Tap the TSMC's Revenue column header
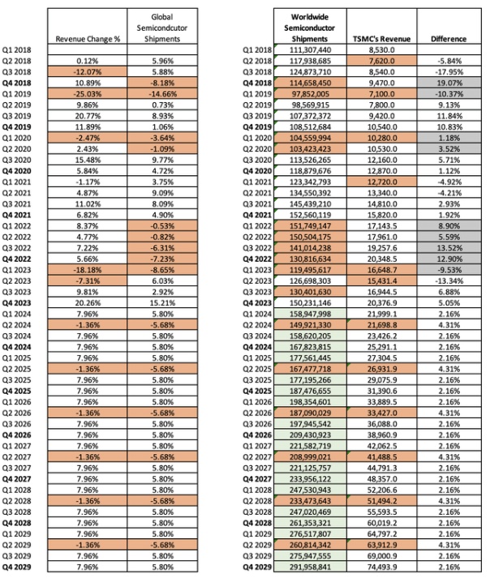pyautogui.click(x=380, y=39)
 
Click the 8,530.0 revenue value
pyautogui.click(x=380, y=49)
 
